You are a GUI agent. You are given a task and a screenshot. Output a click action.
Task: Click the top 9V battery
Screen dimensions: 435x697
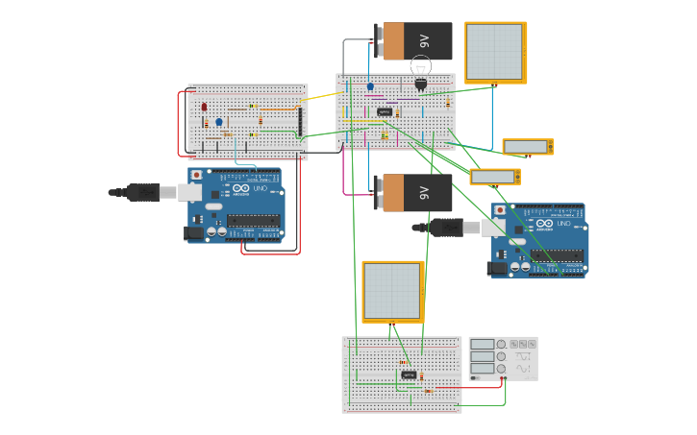(x=413, y=41)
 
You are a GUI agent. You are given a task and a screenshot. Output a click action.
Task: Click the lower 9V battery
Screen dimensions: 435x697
(x=413, y=193)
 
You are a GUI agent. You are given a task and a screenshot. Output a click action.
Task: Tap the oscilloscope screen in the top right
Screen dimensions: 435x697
(x=495, y=52)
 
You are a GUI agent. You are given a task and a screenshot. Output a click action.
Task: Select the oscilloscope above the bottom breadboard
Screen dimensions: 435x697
(x=392, y=291)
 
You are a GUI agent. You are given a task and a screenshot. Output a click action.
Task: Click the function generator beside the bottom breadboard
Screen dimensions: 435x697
(x=503, y=357)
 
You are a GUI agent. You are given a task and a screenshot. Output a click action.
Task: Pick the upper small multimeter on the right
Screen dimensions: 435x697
(x=528, y=147)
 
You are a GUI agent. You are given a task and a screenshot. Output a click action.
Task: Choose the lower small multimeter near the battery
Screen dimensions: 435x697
(x=495, y=177)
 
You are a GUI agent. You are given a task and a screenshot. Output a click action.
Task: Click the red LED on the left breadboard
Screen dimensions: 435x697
(x=204, y=108)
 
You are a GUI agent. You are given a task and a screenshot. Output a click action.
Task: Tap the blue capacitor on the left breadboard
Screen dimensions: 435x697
(x=219, y=122)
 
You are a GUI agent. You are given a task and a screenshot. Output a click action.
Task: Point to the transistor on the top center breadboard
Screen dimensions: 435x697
(x=420, y=85)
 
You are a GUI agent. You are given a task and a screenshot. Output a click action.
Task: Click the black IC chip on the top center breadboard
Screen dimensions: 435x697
(x=385, y=112)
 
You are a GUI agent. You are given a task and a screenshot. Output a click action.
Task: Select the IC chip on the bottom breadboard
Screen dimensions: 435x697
(x=409, y=375)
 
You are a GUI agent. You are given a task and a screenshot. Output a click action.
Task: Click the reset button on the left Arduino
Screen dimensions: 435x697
(x=197, y=176)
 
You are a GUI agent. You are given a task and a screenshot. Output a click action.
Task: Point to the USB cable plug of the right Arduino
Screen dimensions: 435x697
(x=447, y=228)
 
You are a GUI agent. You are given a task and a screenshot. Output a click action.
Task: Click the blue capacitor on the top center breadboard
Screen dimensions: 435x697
(x=370, y=86)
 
